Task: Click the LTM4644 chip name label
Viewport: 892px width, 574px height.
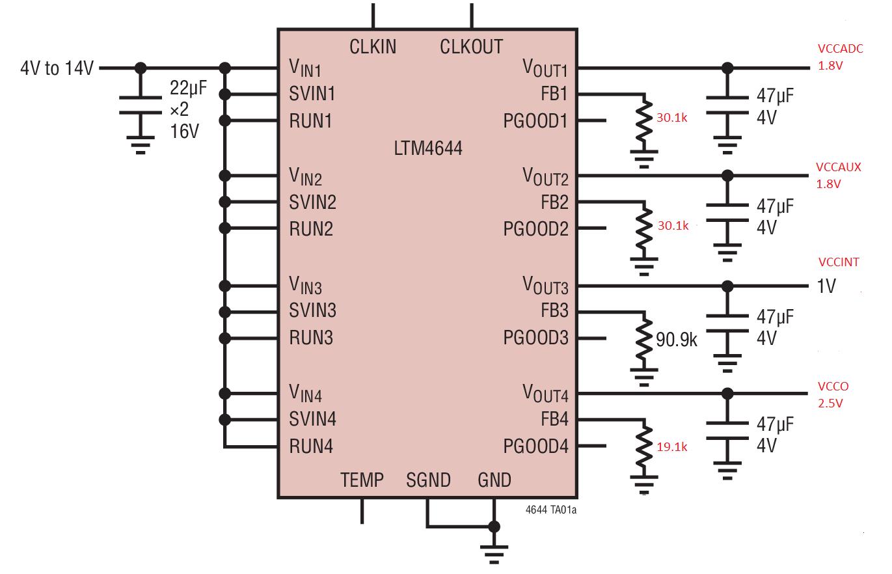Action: point(428,148)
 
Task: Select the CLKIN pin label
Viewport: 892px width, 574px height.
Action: point(373,47)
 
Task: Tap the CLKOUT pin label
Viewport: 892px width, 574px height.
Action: point(471,47)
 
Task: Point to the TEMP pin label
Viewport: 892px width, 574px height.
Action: point(362,480)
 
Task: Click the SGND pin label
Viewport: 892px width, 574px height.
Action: point(428,480)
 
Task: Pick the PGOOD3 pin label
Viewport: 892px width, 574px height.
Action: point(535,338)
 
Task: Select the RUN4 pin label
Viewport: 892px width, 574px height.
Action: point(311,446)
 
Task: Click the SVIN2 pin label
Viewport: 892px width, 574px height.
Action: point(312,202)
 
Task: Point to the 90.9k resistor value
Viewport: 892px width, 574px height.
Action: point(677,339)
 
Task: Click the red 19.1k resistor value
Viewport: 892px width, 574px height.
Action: point(673,447)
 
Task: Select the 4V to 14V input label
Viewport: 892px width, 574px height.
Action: point(57,68)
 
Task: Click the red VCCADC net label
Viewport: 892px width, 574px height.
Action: point(840,49)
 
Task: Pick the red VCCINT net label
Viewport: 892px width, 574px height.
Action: point(839,262)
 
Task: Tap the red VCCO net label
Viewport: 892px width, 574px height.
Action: point(833,387)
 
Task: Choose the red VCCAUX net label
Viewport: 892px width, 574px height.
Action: point(839,167)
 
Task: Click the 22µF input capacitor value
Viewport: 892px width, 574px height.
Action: point(189,88)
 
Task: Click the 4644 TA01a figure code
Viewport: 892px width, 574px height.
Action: point(550,510)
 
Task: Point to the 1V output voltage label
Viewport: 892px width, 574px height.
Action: point(826,286)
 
